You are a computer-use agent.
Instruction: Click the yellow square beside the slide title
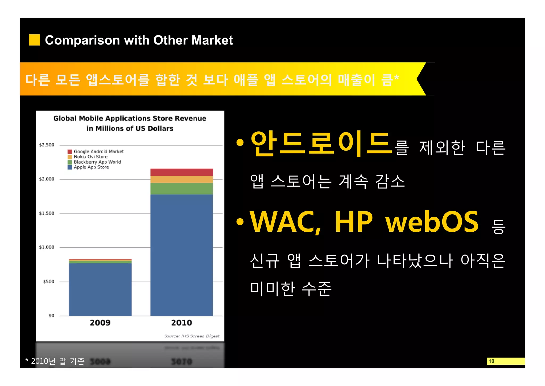34,40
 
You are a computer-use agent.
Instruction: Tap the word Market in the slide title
212,40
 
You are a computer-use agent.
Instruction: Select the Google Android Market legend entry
98,151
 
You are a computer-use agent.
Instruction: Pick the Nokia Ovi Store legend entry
90,157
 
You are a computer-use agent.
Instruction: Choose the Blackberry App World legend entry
97,162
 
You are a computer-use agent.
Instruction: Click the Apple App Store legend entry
91,167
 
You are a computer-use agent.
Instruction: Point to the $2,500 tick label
47,145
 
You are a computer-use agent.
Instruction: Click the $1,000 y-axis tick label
47,247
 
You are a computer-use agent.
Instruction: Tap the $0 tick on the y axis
51,316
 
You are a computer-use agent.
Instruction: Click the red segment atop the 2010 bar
181,172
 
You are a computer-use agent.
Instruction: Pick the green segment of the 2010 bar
181,188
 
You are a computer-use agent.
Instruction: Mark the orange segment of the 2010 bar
181,179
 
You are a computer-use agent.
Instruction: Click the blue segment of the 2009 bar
100,289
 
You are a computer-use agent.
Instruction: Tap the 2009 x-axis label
100,323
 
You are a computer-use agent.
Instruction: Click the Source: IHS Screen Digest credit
192,336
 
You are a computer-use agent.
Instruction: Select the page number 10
491,361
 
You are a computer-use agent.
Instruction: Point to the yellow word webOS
432,222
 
